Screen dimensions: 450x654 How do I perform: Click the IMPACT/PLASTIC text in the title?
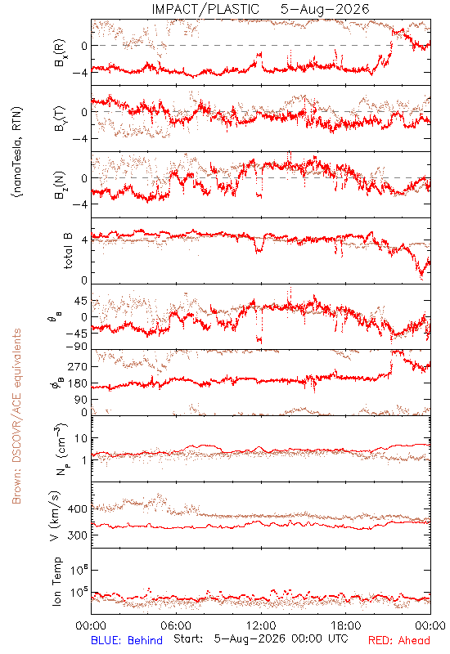205,9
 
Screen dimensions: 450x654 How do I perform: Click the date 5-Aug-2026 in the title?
325,9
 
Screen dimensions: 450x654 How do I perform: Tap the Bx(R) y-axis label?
59,52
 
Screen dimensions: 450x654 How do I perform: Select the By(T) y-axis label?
59,119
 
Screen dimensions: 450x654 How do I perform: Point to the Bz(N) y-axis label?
59,185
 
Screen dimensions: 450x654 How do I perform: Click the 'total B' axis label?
67,251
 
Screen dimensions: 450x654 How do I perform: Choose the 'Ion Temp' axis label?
56,581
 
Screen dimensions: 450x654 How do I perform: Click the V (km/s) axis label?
55,516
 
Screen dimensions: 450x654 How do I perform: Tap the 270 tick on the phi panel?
78,366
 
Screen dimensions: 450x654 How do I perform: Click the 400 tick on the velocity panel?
78,508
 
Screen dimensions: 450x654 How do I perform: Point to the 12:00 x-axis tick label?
261,625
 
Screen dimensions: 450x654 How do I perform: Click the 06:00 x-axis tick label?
176,625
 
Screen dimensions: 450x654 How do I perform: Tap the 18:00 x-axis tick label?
346,625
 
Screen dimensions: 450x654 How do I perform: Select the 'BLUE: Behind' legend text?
127,640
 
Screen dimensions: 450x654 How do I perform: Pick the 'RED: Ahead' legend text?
399,640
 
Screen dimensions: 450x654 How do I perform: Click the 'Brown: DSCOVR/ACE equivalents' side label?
16,416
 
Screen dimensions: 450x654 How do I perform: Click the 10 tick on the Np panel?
81,438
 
